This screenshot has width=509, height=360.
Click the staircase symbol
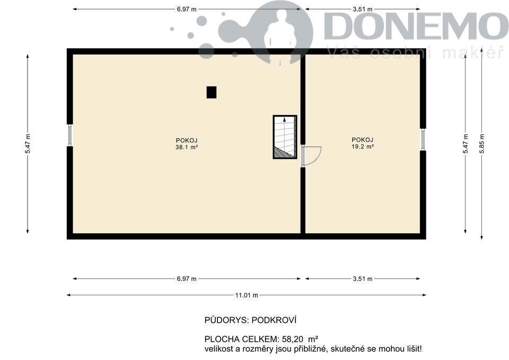point(285,137)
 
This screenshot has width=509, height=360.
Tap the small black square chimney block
point(212,92)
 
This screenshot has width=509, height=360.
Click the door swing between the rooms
point(312,156)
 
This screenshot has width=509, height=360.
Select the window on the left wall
point(70,135)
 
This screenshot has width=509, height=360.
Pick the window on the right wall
point(423,139)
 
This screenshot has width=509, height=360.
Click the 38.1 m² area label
point(187,147)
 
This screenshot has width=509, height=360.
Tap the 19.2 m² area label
point(363,146)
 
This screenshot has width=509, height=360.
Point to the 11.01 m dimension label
point(247,295)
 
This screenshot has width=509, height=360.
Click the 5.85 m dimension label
point(482,144)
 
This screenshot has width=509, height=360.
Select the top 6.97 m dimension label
point(187,9)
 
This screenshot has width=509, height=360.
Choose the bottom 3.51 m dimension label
point(363,278)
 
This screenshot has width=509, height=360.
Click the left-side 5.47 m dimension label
point(28,144)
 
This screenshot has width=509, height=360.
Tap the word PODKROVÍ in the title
point(274,320)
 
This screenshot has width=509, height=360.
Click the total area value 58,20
point(293,339)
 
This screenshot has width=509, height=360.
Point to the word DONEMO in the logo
point(416,26)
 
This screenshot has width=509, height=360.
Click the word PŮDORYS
point(226,320)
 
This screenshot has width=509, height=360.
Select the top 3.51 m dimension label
point(363,9)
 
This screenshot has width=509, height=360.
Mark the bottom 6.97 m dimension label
point(187,278)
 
